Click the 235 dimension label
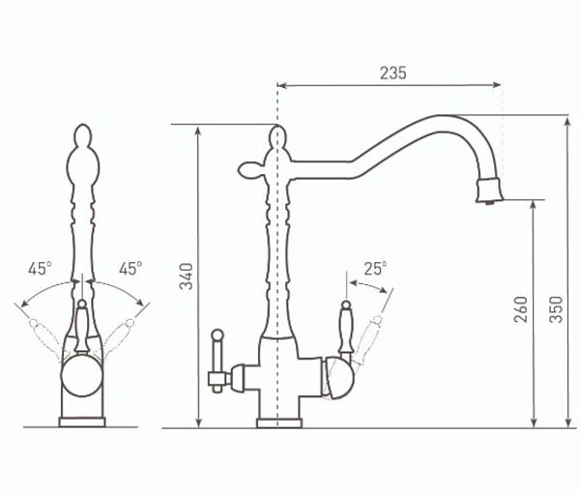393,73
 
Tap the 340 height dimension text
186,276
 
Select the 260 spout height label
521,309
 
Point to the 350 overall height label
556,309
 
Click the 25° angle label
375,269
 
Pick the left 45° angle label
40,269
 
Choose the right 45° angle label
130,269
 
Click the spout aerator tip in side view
489,189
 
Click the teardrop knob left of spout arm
250,169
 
